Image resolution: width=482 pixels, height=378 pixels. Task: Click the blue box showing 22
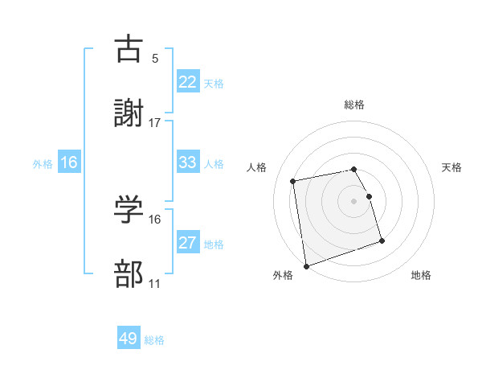click(188, 82)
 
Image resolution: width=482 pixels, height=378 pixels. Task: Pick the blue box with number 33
click(188, 162)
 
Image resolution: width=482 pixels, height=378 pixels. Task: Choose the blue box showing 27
click(188, 243)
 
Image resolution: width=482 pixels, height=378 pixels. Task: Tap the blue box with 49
click(129, 339)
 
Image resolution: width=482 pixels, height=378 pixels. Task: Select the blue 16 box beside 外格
click(69, 162)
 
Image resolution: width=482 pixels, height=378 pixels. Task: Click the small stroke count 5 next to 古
click(155, 58)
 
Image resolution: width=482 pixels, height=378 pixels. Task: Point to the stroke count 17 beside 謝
click(155, 123)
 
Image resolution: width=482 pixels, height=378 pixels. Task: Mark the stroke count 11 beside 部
click(155, 284)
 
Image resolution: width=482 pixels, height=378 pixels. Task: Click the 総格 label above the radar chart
click(354, 105)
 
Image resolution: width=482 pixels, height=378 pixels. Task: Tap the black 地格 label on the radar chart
click(421, 275)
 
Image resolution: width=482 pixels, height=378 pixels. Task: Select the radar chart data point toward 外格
click(306, 265)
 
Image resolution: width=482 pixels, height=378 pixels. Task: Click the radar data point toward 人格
click(293, 180)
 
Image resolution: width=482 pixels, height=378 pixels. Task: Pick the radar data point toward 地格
click(382, 240)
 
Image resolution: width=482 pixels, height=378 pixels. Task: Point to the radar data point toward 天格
click(369, 196)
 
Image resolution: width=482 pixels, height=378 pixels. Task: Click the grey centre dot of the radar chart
click(354, 201)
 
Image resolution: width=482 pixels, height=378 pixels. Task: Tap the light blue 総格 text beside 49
click(154, 340)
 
